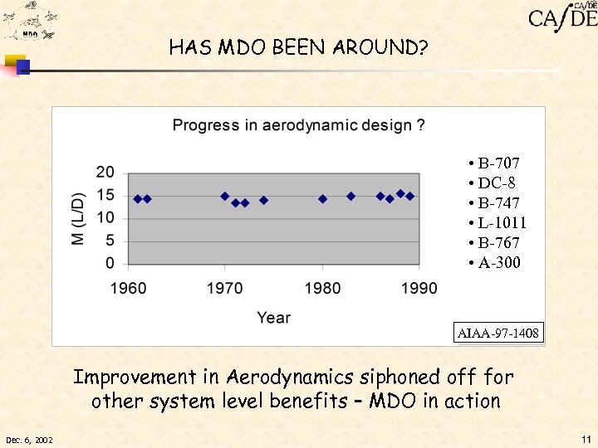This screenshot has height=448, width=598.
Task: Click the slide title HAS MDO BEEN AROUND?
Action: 298,47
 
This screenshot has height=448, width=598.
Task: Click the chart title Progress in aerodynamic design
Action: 299,125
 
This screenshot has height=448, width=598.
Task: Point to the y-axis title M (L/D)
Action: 78,218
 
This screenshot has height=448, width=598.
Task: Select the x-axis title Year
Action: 273,317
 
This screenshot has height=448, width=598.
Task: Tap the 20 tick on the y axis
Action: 105,173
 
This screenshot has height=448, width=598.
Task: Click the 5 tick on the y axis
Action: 110,241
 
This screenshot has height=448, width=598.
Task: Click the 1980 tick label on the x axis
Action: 322,289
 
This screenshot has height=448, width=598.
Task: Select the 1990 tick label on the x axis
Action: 419,289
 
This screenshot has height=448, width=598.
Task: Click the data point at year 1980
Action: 322,199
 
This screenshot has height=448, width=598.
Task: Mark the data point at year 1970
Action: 225,197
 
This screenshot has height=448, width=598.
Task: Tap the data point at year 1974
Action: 263,200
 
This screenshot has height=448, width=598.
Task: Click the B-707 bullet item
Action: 494,163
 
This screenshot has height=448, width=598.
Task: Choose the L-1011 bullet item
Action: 498,223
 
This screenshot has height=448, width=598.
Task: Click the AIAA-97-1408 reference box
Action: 498,334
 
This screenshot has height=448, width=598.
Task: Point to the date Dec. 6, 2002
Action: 29,440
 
